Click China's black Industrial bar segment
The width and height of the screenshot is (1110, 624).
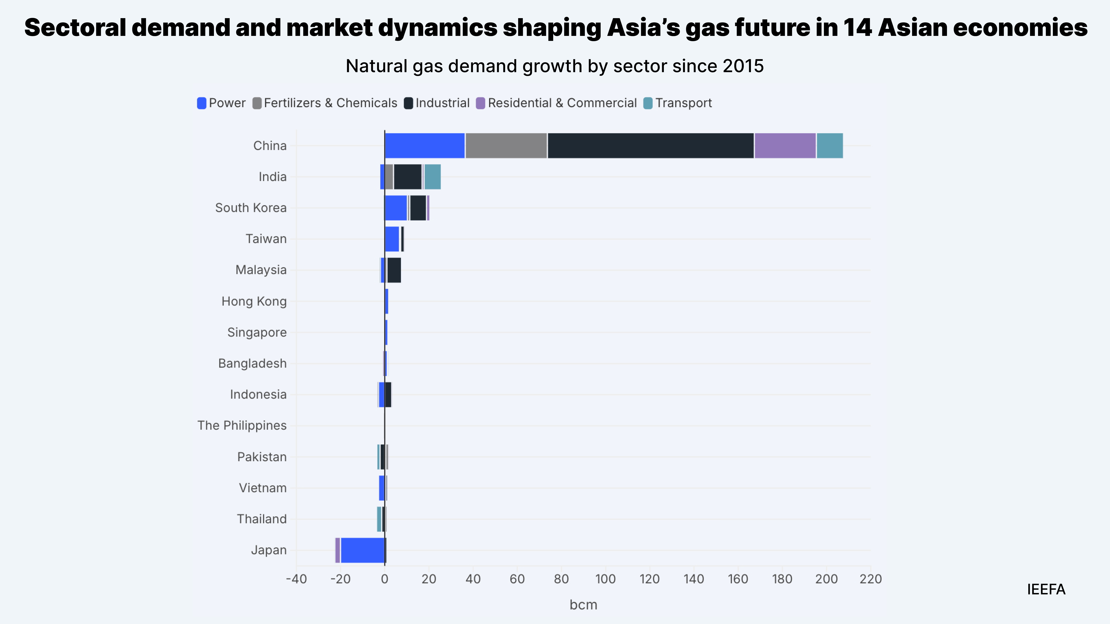pyautogui.click(x=651, y=146)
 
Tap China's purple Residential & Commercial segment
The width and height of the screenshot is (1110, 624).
pyautogui.click(x=785, y=146)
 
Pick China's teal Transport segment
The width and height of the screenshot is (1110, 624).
pyautogui.click(x=830, y=146)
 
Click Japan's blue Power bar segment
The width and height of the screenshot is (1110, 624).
pyautogui.click(x=362, y=550)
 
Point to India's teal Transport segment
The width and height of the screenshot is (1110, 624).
pyautogui.click(x=432, y=177)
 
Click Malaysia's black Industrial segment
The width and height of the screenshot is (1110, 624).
pyautogui.click(x=394, y=270)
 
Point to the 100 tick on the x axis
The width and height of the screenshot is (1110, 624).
pyautogui.click(x=606, y=579)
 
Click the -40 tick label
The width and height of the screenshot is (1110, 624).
pyautogui.click(x=296, y=579)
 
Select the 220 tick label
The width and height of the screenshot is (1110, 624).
pyautogui.click(x=870, y=579)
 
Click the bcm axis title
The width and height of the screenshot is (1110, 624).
pyautogui.click(x=583, y=605)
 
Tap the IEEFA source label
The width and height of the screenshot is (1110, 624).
pyautogui.click(x=1046, y=589)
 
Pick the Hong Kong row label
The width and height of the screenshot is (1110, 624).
pyautogui.click(x=254, y=301)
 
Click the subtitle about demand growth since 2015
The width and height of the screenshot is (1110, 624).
pyautogui.click(x=555, y=66)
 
